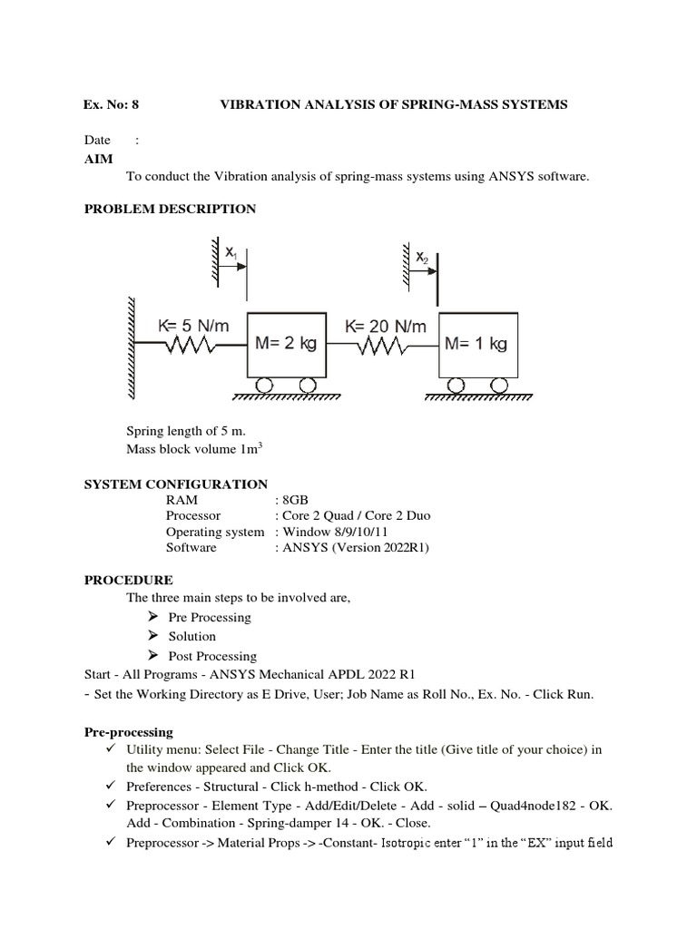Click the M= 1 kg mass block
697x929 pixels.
pos(478,345)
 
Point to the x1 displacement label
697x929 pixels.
pos(231,258)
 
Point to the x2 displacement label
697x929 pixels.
pos(422,258)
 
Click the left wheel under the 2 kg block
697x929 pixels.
pos(264,386)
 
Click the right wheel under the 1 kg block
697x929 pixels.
pos(498,386)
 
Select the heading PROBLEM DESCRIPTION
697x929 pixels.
pos(170,209)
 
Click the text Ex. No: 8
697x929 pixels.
pos(113,104)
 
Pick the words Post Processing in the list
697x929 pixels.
pos(212,656)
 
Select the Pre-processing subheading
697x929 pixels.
pos(128,731)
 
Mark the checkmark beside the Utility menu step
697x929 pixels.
pos(110,749)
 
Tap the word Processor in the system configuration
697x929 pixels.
pos(192,515)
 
